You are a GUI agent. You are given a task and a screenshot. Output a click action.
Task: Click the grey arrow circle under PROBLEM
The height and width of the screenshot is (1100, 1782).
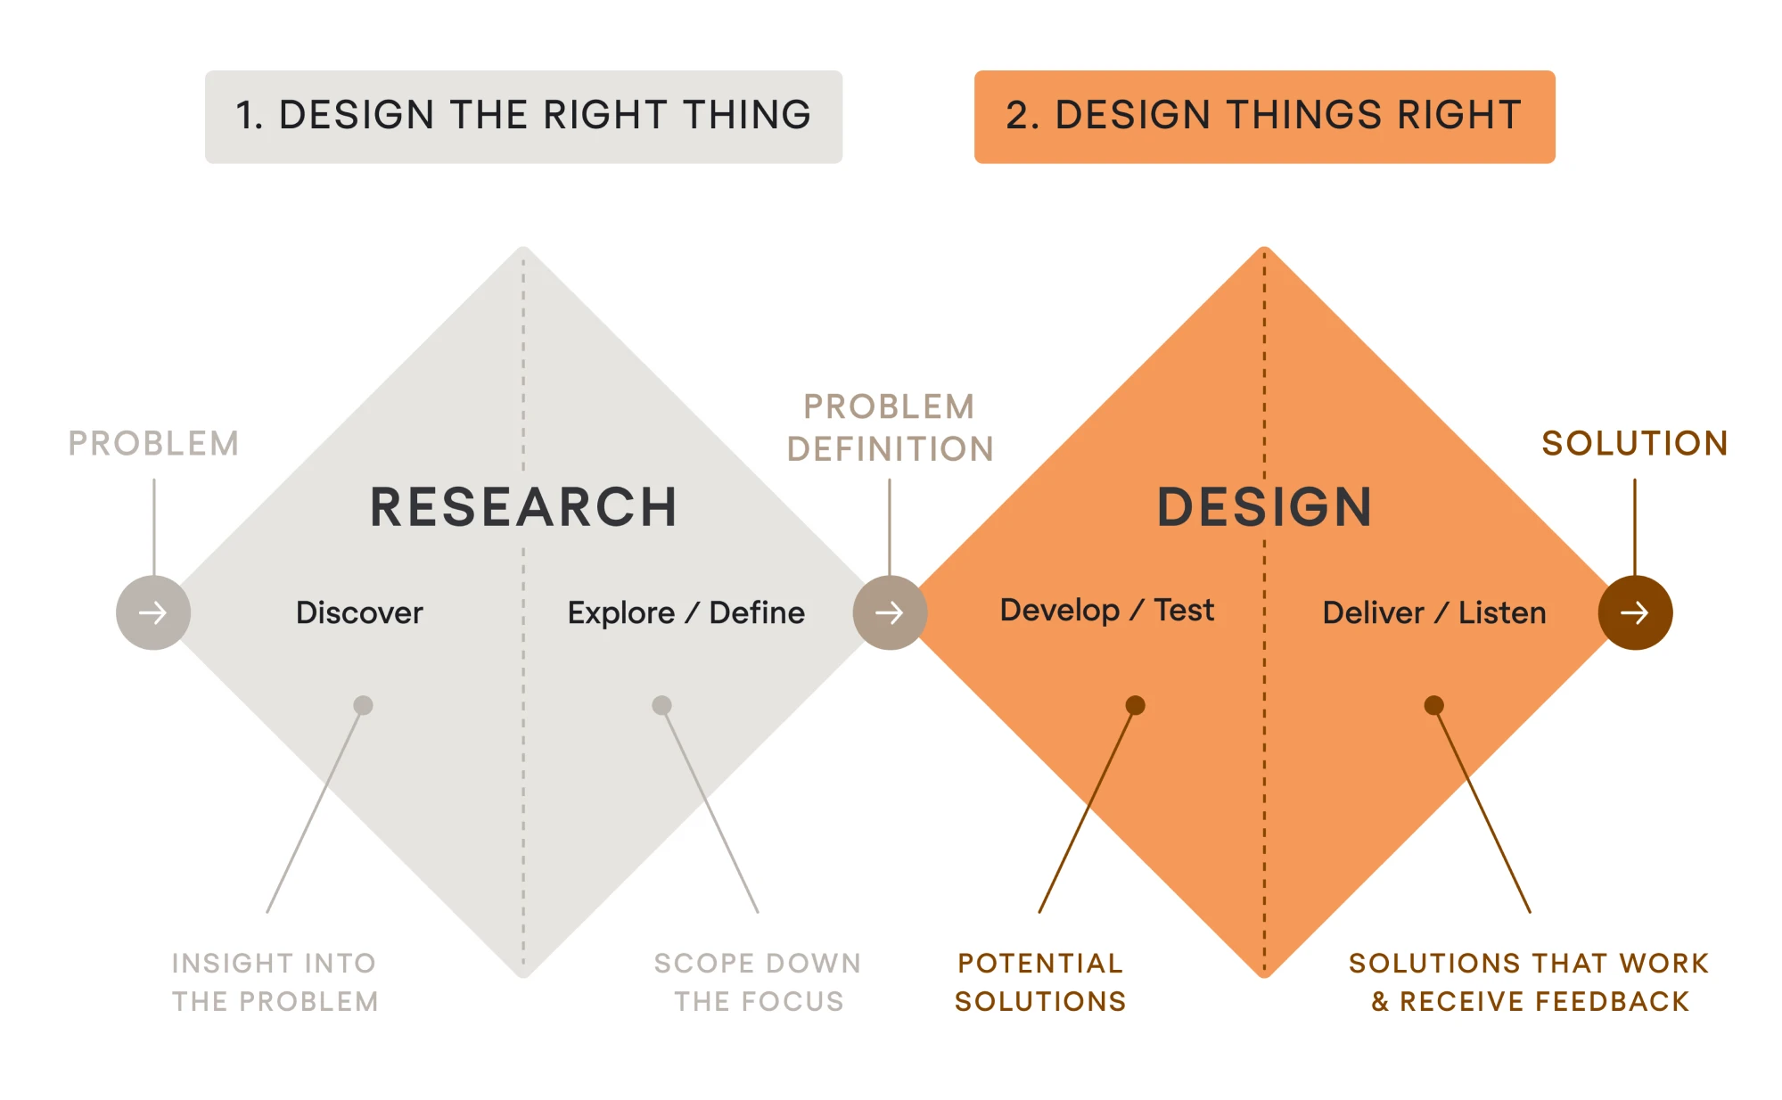coord(153,612)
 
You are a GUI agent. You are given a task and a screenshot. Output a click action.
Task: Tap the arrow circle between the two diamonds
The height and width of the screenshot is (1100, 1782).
coord(890,612)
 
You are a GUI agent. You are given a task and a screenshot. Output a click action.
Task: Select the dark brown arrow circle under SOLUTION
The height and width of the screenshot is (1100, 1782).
coord(1635,612)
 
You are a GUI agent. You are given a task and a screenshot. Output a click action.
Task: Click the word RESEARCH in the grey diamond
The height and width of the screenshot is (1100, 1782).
coord(523,507)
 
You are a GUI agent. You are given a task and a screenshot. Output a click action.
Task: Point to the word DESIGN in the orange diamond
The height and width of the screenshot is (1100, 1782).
coord(1264,507)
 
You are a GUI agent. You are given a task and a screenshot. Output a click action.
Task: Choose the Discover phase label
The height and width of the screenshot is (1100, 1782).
coord(359,612)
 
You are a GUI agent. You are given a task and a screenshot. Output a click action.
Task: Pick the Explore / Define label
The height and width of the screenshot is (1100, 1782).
coord(686,612)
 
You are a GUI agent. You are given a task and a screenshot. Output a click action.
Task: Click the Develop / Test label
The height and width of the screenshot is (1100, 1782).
coord(1106,610)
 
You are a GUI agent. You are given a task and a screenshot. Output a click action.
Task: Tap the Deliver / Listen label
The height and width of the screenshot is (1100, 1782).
coord(1434,612)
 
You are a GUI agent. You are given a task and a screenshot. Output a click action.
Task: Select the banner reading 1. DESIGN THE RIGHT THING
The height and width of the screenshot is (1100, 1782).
coord(523,117)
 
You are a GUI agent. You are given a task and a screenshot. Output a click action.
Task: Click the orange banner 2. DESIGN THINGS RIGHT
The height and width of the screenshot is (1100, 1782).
coord(1264,117)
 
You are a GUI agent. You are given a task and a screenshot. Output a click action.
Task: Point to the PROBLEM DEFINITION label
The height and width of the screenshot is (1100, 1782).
coord(890,428)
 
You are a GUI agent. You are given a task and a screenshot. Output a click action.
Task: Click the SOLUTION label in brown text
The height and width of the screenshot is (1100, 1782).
coord(1635,443)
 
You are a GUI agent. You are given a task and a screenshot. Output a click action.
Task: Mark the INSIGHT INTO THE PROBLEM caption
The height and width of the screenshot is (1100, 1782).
coord(275,981)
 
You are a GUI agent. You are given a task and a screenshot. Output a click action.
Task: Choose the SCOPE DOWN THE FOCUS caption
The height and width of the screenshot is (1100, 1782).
coord(758,981)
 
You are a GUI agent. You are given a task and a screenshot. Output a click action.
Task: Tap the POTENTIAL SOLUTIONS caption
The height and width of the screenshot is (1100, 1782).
coord(1040,981)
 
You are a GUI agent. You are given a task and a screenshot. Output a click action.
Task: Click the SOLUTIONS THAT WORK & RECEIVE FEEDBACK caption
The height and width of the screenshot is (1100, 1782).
coord(1529,981)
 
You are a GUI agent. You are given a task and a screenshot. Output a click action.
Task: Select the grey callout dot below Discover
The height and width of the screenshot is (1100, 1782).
coord(363,705)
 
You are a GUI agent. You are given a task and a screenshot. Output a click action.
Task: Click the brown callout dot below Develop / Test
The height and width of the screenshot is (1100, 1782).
coord(1135,705)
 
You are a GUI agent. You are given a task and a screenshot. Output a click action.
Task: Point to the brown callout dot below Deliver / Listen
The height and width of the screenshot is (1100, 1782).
coord(1433,705)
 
